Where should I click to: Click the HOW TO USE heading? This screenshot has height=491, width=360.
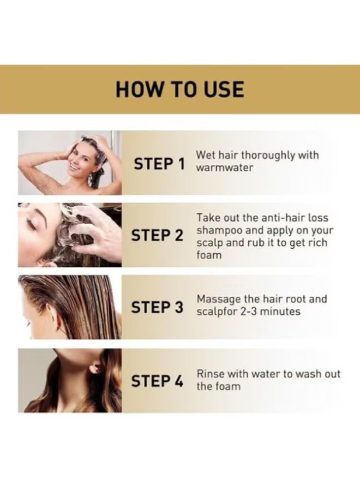tap(179, 89)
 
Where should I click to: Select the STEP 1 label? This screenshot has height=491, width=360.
tap(159, 163)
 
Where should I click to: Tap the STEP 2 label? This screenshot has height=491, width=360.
tap(158, 236)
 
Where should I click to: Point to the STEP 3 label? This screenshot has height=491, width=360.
tap(158, 308)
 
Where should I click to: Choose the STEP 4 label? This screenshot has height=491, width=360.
tap(158, 381)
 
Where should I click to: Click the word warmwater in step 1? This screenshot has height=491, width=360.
tap(225, 168)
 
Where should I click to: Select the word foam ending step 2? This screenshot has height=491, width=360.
tap(209, 255)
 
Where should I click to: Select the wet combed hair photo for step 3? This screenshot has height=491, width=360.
tap(69, 307)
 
